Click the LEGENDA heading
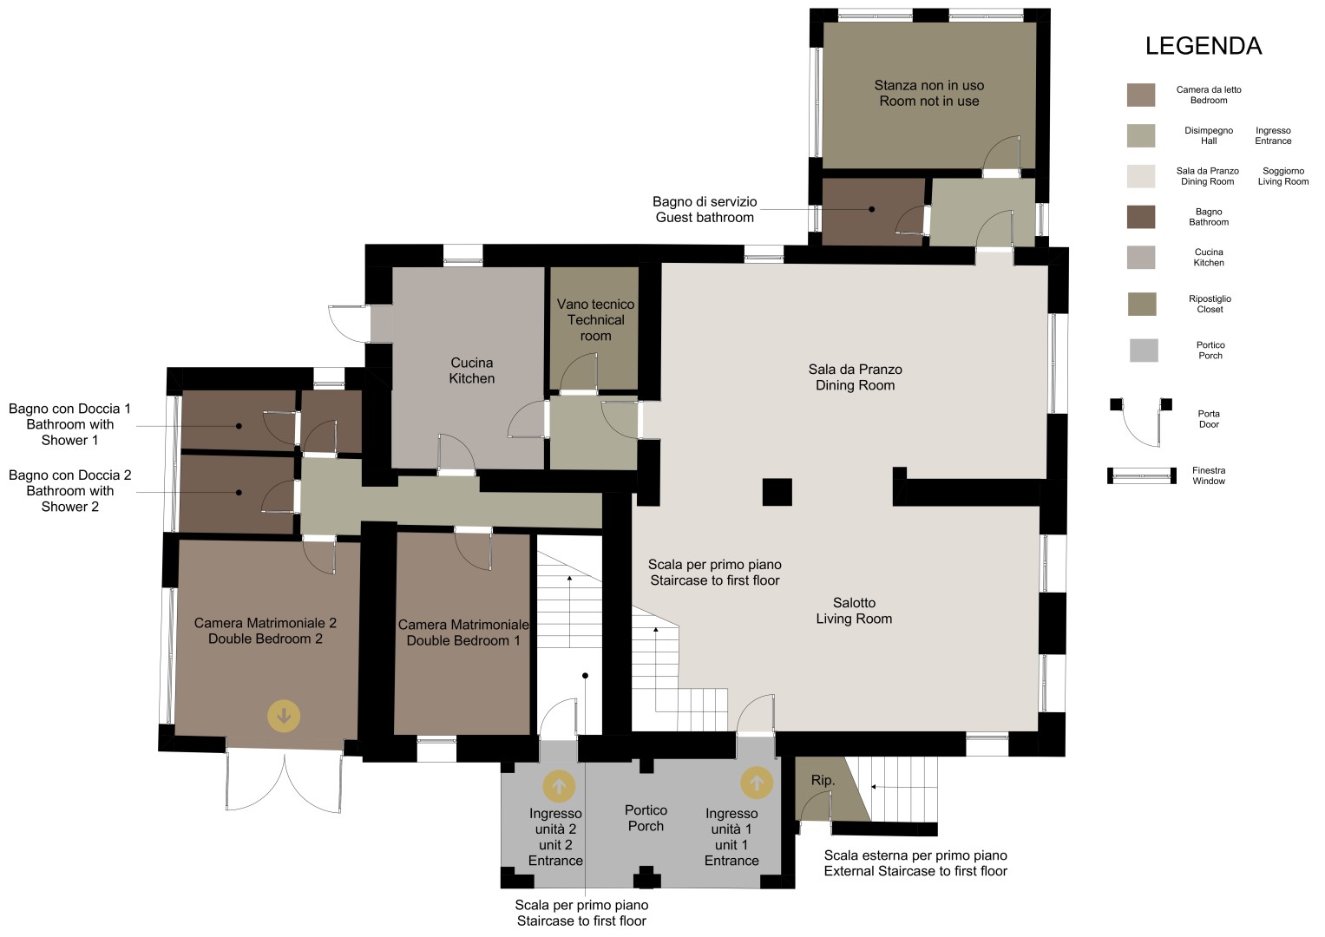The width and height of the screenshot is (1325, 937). tap(1204, 46)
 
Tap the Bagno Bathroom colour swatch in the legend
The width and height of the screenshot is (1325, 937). tap(1141, 217)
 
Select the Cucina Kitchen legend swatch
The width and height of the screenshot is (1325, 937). tap(1141, 258)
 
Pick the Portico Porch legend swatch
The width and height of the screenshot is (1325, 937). tap(1144, 351)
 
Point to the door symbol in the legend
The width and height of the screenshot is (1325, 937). tap(1141, 422)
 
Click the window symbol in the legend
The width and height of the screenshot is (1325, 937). tap(1142, 475)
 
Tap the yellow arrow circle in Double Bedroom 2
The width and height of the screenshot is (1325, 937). tap(284, 716)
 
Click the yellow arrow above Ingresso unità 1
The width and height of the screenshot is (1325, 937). tap(757, 783)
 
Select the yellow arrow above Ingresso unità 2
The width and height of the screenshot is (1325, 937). tap(559, 786)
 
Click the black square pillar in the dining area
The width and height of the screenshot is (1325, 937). tap(777, 492)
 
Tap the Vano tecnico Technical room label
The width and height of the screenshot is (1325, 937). tap(595, 320)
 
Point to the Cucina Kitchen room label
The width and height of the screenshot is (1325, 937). tap(471, 370)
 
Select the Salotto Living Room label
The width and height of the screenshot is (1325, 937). tap(854, 611)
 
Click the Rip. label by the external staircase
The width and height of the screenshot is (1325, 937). tap(823, 780)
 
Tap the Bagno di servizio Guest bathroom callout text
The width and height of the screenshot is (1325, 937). tap(705, 209)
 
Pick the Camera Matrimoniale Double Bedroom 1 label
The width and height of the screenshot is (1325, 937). tap(463, 632)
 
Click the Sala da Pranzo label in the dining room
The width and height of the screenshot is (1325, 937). tap(855, 369)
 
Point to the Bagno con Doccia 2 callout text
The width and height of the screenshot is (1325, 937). tap(69, 490)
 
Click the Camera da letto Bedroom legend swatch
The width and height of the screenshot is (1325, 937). tap(1141, 95)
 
